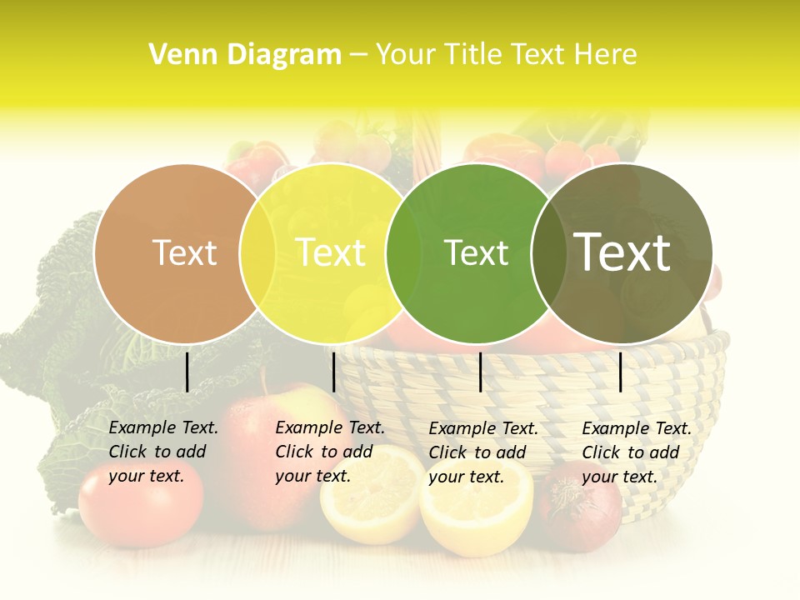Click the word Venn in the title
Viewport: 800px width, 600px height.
(177, 55)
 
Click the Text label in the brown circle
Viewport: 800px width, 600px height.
(184, 252)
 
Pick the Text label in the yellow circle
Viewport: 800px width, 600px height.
(331, 252)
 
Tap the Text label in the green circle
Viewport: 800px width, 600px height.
(476, 252)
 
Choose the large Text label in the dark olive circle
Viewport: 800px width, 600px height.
(622, 252)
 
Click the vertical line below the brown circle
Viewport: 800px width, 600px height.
(187, 372)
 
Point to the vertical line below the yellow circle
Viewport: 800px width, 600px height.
(333, 372)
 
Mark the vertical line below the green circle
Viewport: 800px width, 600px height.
(480, 372)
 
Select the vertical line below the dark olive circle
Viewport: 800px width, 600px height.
(621, 372)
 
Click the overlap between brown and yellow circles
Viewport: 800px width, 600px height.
(257, 252)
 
